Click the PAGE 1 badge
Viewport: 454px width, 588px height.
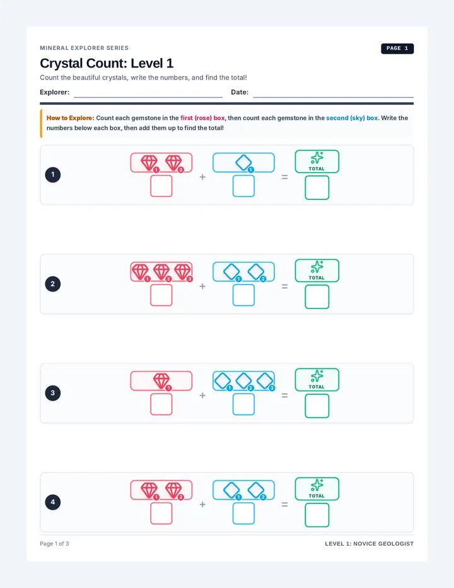point(397,49)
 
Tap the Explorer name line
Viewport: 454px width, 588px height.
point(148,97)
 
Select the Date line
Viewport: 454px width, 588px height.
point(334,97)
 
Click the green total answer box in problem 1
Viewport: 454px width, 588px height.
point(317,187)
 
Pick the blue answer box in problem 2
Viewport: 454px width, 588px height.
point(243,295)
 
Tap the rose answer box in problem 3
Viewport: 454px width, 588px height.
point(161,404)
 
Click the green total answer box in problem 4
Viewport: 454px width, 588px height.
point(317,515)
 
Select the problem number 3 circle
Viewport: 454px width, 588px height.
point(53,393)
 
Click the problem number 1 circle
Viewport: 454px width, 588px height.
point(53,175)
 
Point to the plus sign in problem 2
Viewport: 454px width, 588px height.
point(202,286)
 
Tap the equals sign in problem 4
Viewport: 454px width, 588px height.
point(284,505)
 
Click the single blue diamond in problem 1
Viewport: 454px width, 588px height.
point(243,162)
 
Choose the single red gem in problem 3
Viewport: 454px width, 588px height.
point(161,380)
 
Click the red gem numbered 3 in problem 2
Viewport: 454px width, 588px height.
point(183,272)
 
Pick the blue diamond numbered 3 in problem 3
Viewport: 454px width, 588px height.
point(265,380)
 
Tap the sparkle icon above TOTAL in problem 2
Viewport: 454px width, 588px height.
point(317,267)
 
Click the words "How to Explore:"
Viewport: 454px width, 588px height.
point(71,118)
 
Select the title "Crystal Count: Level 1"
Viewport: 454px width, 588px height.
point(107,63)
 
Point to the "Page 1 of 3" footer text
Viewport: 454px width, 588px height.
point(54,543)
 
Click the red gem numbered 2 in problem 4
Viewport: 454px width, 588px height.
point(173,490)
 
